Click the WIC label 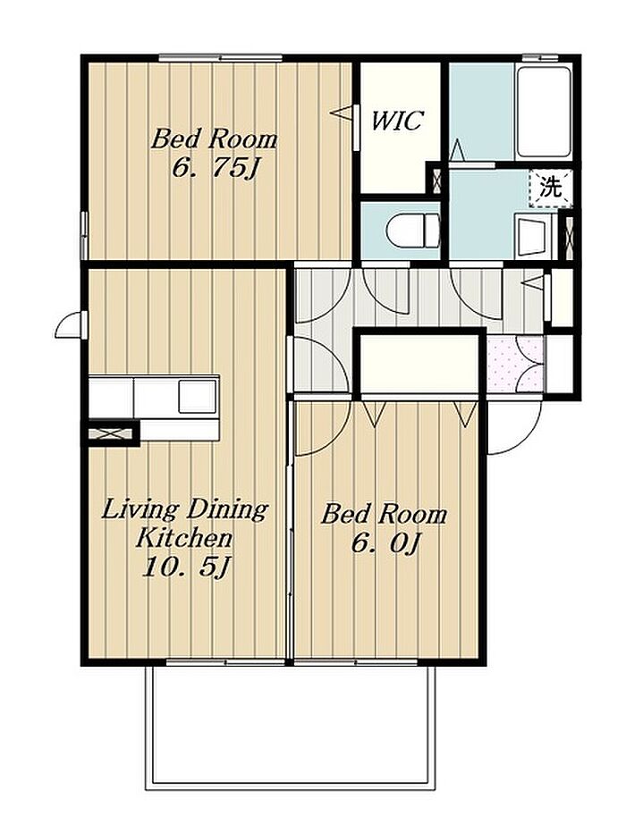(396, 121)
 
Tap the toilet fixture (413, 231)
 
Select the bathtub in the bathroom (543, 112)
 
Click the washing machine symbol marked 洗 (551, 187)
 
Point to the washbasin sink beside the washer (536, 237)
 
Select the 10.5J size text (186, 567)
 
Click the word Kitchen (183, 538)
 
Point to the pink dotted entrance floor (515, 364)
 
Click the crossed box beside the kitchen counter (110, 433)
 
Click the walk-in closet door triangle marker (341, 113)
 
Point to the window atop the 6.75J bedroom (220, 58)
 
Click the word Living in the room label (139, 511)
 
